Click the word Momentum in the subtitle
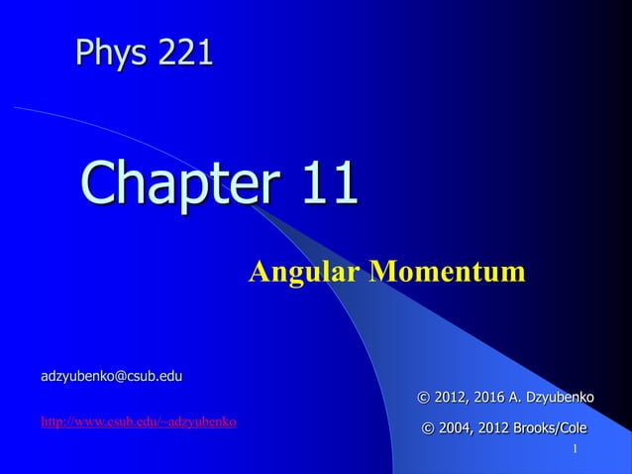pos(446,271)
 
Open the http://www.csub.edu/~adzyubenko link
pos(138,422)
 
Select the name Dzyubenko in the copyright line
pos(558,398)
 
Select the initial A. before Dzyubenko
pos(513,398)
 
